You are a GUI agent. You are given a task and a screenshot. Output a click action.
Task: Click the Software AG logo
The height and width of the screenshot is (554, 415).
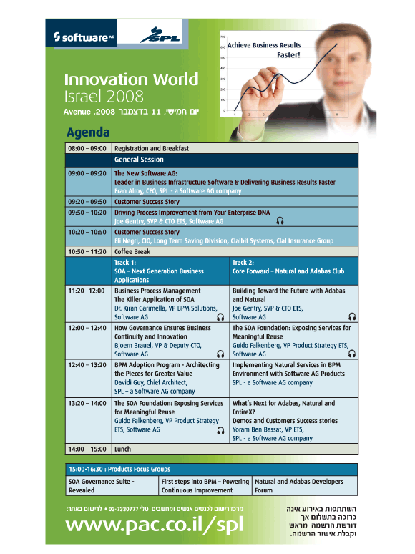point(84,37)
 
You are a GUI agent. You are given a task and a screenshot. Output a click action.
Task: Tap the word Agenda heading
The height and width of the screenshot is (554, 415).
point(88,132)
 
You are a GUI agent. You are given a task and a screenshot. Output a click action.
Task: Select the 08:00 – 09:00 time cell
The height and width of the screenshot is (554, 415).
point(88,148)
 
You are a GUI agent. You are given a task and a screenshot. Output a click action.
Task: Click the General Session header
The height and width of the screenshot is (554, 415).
point(139,160)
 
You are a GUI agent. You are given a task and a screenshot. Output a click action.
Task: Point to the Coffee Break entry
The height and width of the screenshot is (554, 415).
point(132,251)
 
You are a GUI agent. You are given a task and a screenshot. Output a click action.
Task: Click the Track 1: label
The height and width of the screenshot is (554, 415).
point(125,263)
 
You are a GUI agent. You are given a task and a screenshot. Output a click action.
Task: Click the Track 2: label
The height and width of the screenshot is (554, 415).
point(243,263)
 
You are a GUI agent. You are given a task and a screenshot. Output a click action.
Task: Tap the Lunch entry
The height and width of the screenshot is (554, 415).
point(122,449)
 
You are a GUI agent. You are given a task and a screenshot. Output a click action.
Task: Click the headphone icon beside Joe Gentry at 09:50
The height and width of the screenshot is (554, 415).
point(280,221)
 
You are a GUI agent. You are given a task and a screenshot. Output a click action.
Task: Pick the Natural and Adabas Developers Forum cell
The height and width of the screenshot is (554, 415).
point(305,486)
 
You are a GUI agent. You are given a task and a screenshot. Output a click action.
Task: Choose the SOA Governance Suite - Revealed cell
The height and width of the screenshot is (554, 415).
point(112,486)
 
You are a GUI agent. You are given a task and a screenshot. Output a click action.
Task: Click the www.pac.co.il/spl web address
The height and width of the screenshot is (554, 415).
point(155,525)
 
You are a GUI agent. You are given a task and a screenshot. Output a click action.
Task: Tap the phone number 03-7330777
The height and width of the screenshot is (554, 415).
point(123,509)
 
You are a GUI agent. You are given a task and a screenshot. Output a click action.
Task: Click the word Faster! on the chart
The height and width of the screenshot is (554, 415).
point(288,55)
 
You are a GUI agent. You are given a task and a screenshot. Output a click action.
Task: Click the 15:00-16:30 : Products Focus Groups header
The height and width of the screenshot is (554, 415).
point(119,470)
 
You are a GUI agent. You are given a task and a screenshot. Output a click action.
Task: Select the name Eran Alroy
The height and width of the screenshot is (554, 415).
point(129,191)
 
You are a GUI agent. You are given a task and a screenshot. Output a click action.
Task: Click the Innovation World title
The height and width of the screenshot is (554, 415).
point(131,79)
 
